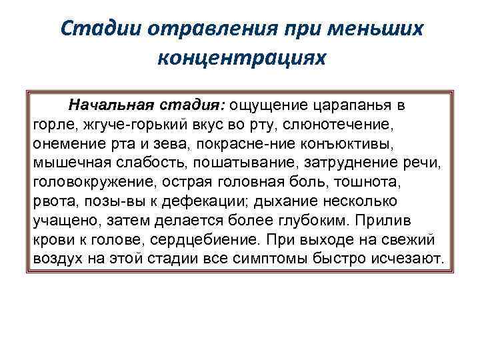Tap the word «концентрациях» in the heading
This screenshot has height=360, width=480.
pyautogui.click(x=243, y=58)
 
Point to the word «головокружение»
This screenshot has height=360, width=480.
pyautogui.click(x=83, y=181)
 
